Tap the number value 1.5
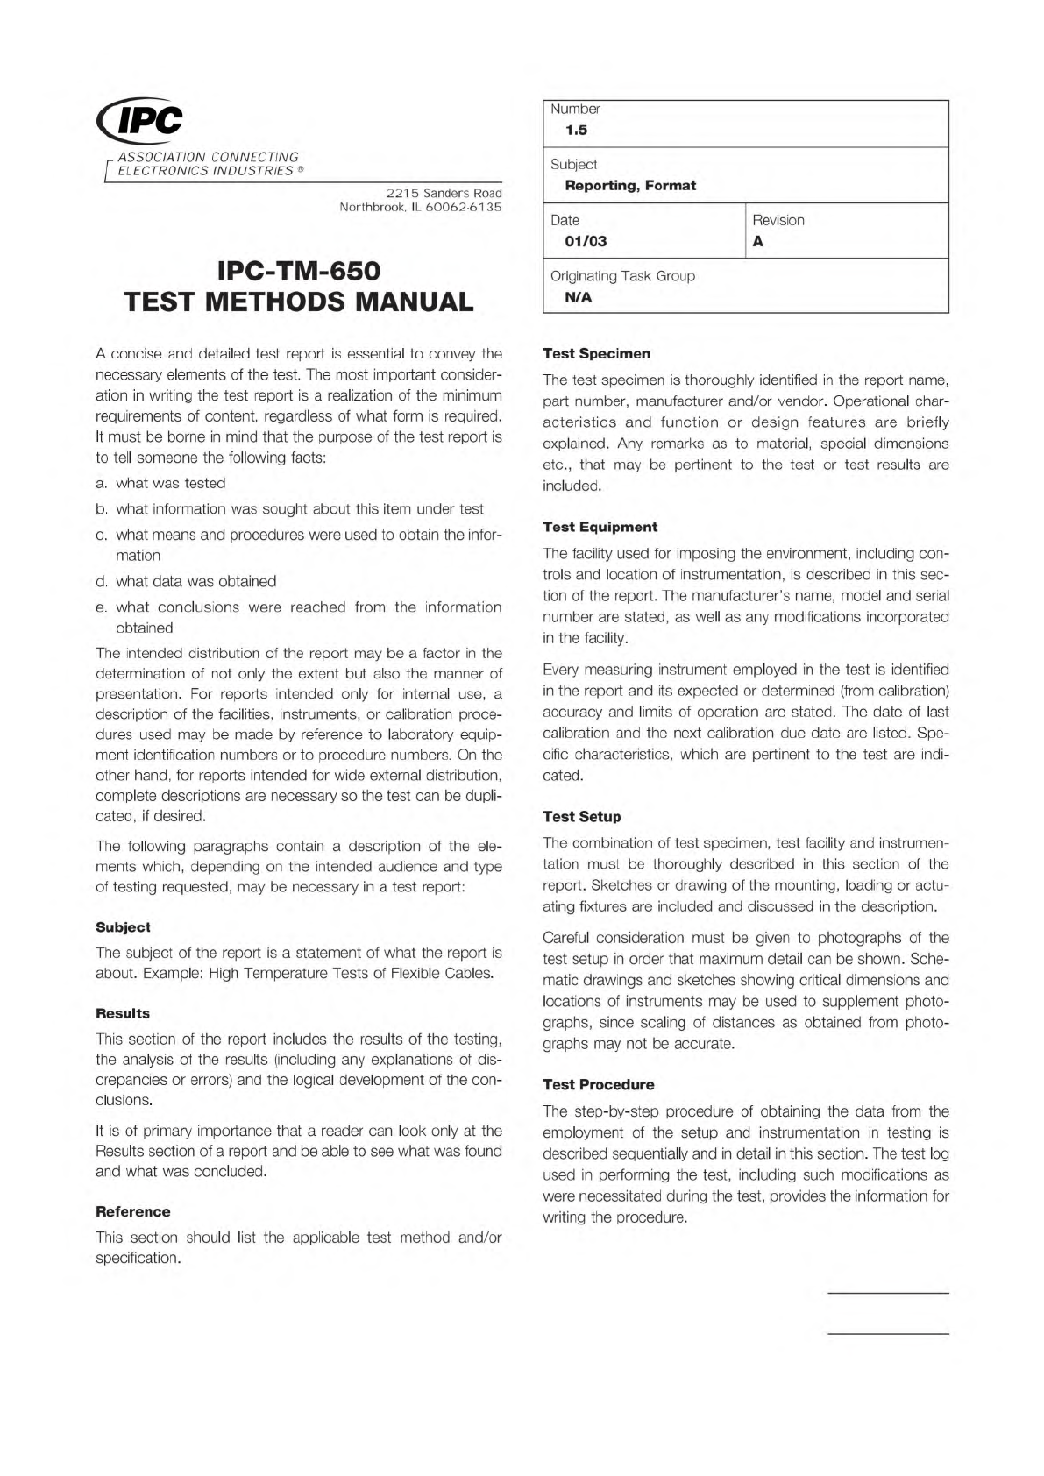click(x=576, y=131)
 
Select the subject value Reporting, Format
click(x=630, y=186)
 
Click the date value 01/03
click(x=586, y=242)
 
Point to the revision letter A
click(x=758, y=242)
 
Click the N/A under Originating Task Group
click(x=579, y=297)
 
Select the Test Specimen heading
click(x=596, y=353)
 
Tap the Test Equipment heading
click(x=600, y=527)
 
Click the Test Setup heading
click(x=581, y=817)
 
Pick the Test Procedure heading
click(x=598, y=1085)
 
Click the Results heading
click(x=123, y=1013)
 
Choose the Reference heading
click(x=132, y=1212)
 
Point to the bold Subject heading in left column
click(x=123, y=927)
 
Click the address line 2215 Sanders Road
click(x=444, y=193)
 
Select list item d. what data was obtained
click(x=186, y=581)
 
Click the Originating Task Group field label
click(x=622, y=276)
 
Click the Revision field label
click(x=778, y=221)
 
